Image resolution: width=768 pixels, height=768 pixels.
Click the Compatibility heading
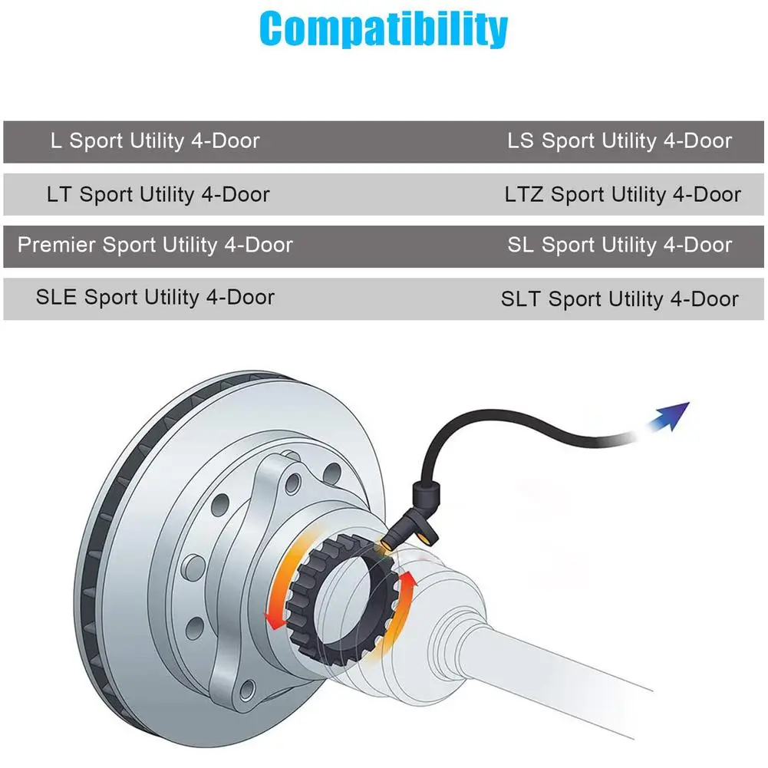coord(384,28)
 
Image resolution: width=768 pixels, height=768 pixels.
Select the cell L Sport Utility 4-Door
coord(155,141)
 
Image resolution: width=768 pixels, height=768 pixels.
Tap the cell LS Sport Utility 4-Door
coord(619,141)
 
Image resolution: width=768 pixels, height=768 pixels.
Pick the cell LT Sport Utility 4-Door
coord(158,194)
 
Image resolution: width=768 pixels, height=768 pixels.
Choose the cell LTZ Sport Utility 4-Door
coord(622,194)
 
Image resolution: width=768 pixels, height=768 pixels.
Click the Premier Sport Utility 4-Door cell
coord(155,246)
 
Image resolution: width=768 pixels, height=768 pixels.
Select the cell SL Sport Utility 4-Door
coord(619,246)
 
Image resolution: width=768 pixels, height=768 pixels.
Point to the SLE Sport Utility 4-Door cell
coord(155,297)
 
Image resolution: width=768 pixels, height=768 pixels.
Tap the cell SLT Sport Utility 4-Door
coord(620,298)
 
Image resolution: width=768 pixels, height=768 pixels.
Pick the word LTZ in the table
coord(524,194)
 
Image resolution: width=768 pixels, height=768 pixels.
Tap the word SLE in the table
coord(56,297)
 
